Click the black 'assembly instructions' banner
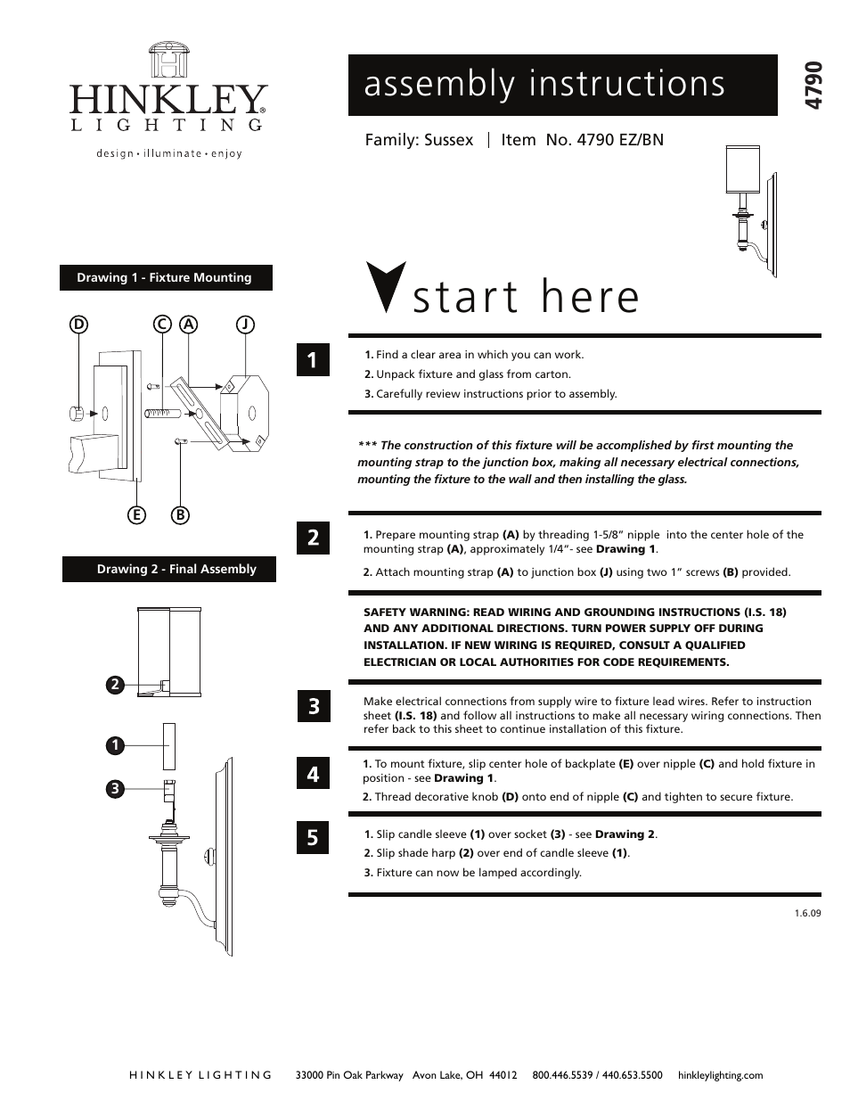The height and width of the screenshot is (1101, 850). pos(562,86)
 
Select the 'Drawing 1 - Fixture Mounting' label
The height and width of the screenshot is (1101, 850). pos(165,278)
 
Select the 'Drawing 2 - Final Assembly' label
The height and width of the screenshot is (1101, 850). pos(169,570)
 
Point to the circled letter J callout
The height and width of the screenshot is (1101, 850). pos(244,325)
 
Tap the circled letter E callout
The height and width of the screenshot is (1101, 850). pos(136,514)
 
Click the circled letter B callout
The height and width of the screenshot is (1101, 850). pos(181,514)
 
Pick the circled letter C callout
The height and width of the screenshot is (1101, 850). pos(162,325)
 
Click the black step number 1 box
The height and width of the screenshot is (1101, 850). pos(313,360)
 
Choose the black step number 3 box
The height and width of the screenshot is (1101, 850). pos(313,708)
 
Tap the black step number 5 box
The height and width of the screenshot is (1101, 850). pos(313,838)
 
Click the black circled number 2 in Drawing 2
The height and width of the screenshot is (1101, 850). pos(115,685)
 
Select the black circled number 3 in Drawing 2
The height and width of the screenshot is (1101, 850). pos(115,788)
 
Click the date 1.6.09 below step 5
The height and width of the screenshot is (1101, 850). pos(807,913)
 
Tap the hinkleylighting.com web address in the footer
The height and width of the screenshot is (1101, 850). pos(720,1075)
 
